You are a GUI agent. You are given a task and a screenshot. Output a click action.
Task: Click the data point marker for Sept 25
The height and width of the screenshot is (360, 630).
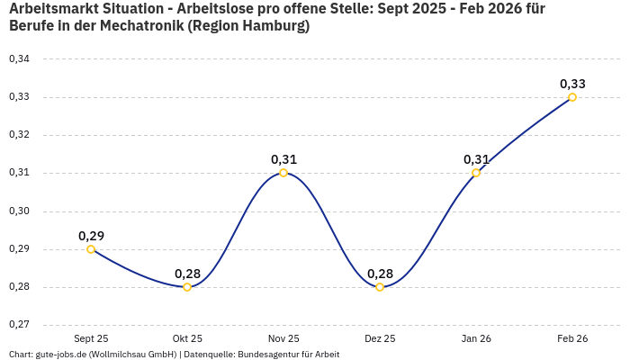coord(91,249)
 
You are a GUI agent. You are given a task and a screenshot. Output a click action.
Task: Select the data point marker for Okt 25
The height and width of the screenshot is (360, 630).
coord(187,287)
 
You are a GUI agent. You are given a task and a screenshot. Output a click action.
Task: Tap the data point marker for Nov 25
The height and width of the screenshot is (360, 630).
coord(283,173)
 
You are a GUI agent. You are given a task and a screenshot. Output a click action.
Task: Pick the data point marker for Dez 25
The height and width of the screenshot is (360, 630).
coord(380,287)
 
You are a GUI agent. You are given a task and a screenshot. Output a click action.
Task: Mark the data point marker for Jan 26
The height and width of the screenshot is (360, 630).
coord(476,173)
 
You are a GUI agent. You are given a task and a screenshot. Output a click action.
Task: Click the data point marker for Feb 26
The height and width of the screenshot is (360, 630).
coord(572,97)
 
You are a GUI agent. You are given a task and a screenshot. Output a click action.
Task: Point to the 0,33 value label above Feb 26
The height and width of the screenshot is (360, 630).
coord(572,84)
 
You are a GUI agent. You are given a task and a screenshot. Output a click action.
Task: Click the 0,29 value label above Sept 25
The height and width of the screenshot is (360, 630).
coord(91,236)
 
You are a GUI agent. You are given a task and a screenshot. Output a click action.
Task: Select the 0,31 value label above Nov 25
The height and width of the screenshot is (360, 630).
coord(283,159)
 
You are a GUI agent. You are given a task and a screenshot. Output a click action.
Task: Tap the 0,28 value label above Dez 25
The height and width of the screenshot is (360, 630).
coord(380,274)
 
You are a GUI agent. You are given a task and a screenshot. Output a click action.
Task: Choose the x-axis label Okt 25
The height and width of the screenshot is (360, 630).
coord(187,338)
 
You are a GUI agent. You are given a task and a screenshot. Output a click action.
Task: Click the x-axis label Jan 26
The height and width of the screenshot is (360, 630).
coord(476,338)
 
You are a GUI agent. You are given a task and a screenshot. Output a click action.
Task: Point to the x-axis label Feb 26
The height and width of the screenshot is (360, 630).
coord(572,338)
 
